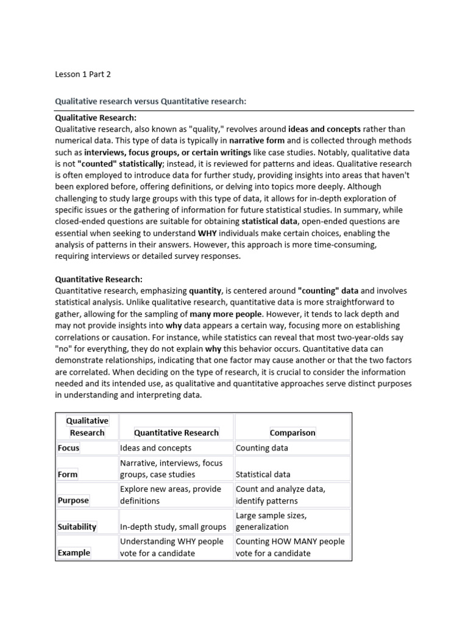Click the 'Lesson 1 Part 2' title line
pos(83,74)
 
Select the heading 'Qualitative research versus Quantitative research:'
pos(151,101)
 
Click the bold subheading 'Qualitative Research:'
pos(96,117)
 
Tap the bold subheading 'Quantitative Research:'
pos(99,279)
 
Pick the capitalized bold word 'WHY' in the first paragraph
pos(207,233)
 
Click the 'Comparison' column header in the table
pos(292,433)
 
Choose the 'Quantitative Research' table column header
pos(176,433)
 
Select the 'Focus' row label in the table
pos(68,448)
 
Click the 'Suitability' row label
pos(77,527)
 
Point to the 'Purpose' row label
pos(73,500)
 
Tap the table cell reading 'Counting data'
pos(262,448)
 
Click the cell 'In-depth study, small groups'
pos(173,527)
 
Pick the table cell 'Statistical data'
pos(263,474)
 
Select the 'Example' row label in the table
pos(74,553)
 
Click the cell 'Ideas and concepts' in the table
pos(155,448)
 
